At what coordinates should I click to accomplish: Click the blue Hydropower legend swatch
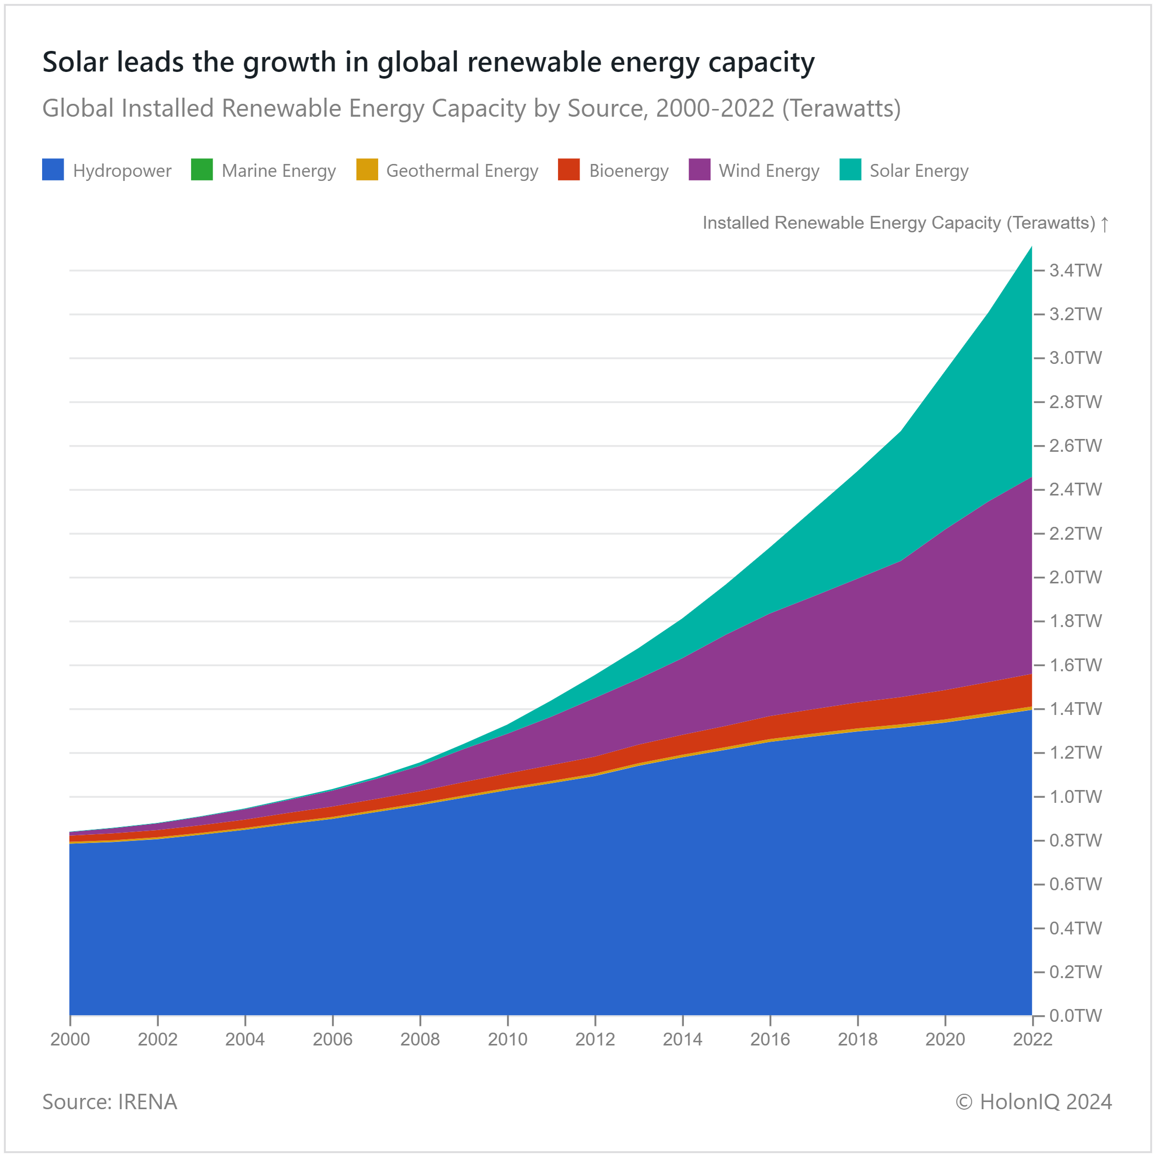click(53, 170)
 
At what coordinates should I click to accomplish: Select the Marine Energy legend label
click(278, 171)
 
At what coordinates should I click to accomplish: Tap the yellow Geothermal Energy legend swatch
click(367, 170)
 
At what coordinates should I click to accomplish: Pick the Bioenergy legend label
click(628, 171)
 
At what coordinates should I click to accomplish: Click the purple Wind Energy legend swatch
click(699, 170)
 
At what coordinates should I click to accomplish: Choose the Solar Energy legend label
click(919, 171)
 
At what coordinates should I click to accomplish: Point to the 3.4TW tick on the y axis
click(1075, 271)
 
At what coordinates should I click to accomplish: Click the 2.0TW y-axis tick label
click(1075, 577)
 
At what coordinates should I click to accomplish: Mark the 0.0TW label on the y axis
click(1075, 1016)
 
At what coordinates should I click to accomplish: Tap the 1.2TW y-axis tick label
click(1075, 753)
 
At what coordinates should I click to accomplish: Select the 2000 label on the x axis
click(70, 1039)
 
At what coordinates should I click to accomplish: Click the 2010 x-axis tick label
click(508, 1039)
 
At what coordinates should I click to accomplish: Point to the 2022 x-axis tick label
click(1033, 1039)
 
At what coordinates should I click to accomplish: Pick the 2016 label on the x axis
click(770, 1039)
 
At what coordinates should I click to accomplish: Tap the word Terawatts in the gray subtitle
click(841, 108)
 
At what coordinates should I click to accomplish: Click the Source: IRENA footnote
click(109, 1102)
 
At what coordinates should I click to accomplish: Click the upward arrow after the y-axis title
click(1105, 224)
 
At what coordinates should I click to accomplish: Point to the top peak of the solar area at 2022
click(1031, 247)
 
